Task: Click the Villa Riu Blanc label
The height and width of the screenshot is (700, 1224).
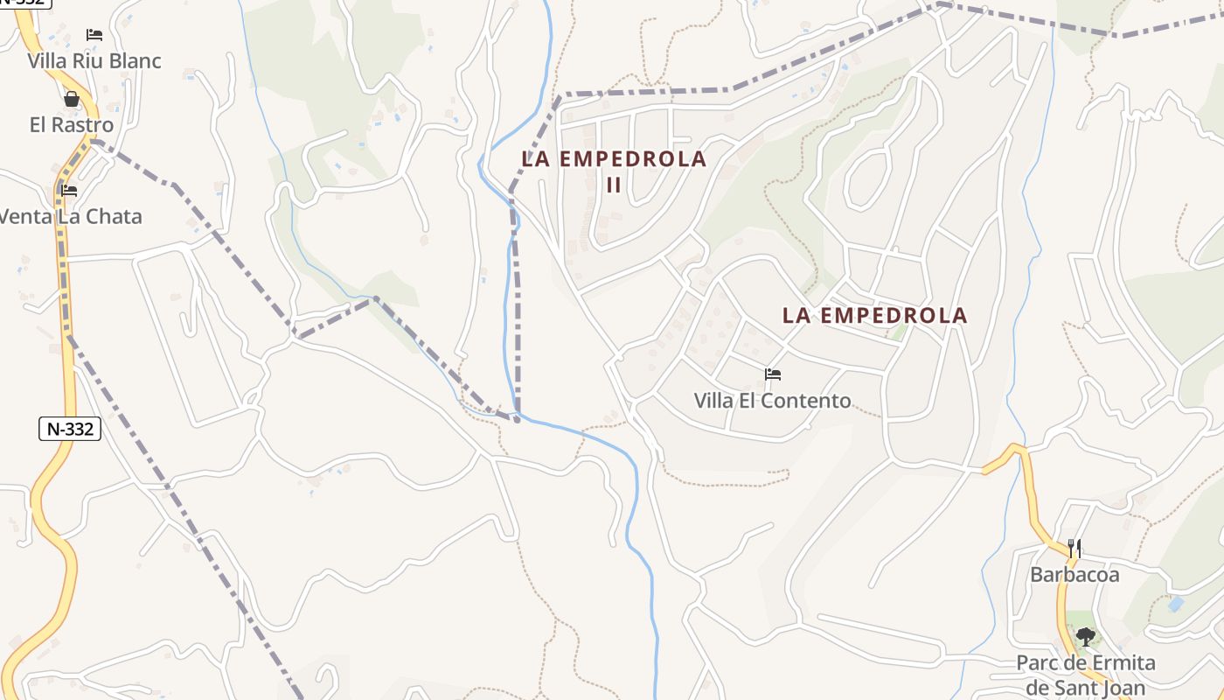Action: tap(94, 61)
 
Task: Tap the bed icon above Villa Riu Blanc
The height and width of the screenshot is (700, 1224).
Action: tap(94, 35)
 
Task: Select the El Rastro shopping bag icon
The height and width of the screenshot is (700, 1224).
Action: tap(72, 99)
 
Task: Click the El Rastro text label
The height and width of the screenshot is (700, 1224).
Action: tap(72, 125)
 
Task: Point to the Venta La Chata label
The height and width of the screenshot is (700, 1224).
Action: tap(70, 217)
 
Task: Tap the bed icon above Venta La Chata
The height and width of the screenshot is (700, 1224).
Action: tap(69, 190)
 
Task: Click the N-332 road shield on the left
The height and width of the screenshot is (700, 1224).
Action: tap(70, 429)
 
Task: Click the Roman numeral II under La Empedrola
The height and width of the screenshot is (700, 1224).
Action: tap(614, 185)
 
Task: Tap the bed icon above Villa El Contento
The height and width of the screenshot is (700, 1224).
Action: tap(772, 374)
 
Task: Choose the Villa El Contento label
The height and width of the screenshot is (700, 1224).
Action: tap(772, 401)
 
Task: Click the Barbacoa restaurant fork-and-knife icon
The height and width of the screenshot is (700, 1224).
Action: tap(1074, 549)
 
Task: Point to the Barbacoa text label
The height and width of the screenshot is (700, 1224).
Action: tap(1074, 575)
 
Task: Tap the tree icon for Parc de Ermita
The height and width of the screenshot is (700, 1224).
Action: tap(1085, 636)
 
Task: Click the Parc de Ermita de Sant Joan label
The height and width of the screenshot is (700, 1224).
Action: tap(1085, 675)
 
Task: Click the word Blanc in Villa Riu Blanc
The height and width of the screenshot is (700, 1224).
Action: tap(135, 61)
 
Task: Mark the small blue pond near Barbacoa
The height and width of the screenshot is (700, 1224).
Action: tap(1176, 604)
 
